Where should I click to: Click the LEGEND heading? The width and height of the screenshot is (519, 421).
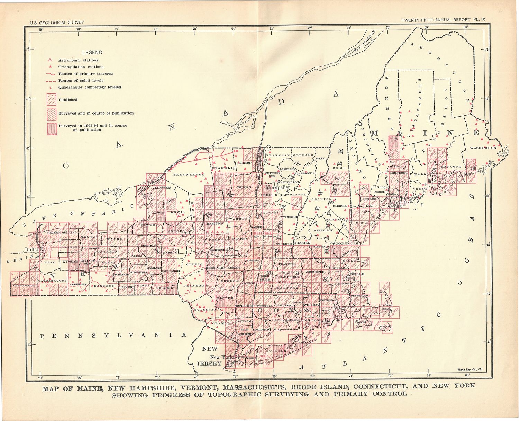[x=92, y=53]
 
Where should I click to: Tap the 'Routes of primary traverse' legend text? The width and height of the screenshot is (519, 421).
[x=85, y=74]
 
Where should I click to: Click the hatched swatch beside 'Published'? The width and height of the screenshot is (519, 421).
[x=51, y=100]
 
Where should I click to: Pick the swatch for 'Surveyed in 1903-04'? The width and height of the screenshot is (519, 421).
[x=51, y=128]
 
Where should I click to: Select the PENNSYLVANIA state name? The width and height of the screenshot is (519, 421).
[x=113, y=336]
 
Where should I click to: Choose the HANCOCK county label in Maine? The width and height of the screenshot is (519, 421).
[x=451, y=167]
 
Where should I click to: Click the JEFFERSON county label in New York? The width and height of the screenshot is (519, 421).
[x=162, y=187]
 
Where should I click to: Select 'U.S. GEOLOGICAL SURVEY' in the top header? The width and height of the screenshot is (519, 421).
[x=57, y=22]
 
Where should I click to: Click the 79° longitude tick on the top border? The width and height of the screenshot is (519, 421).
[x=40, y=29]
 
